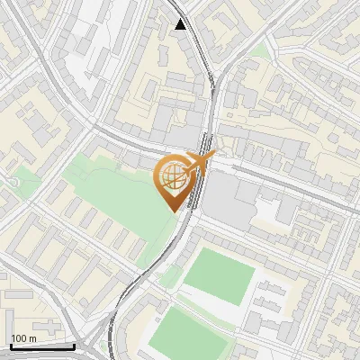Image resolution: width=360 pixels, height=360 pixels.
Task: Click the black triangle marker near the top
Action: pyautogui.click(x=182, y=24)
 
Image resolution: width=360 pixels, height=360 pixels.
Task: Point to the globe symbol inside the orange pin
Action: pyautogui.click(x=173, y=178)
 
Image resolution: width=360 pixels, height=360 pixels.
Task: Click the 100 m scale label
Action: pyautogui.click(x=23, y=338)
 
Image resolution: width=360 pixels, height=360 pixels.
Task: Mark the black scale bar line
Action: pyautogui.click(x=41, y=346)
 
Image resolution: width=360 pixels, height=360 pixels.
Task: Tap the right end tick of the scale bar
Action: pyautogui.click(x=74, y=344)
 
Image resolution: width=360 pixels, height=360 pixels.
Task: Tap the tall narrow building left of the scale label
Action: pyautogui.click(x=4, y=329)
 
